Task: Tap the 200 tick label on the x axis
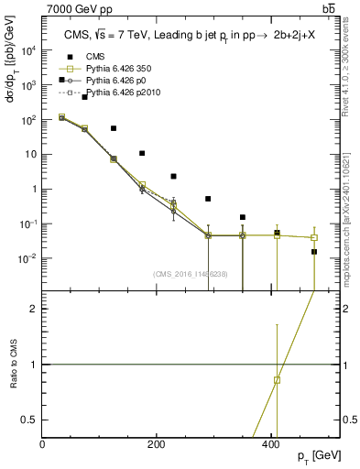157,443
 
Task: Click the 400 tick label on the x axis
271,443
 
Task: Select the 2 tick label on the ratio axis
34,309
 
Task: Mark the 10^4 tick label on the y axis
29,50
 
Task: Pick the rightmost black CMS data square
314,251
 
